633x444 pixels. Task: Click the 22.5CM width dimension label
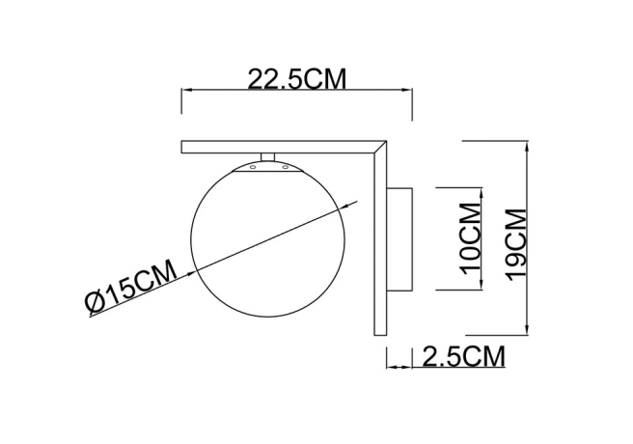point(297,79)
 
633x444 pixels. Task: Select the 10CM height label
point(470,236)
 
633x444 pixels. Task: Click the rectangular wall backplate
point(401,237)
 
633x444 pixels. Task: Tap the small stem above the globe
point(269,156)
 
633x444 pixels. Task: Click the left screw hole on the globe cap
point(253,167)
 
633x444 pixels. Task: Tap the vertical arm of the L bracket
point(378,251)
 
